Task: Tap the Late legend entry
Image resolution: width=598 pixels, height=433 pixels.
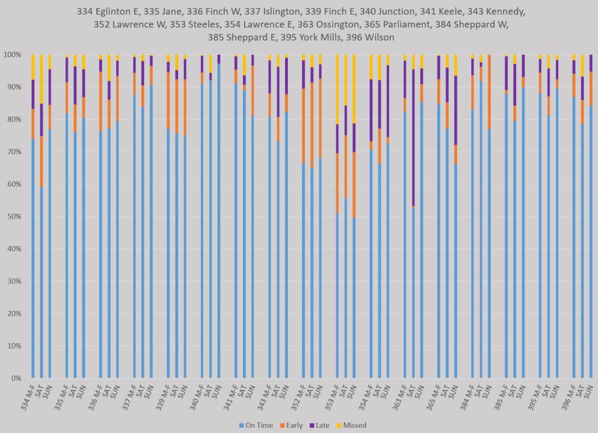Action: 322,425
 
